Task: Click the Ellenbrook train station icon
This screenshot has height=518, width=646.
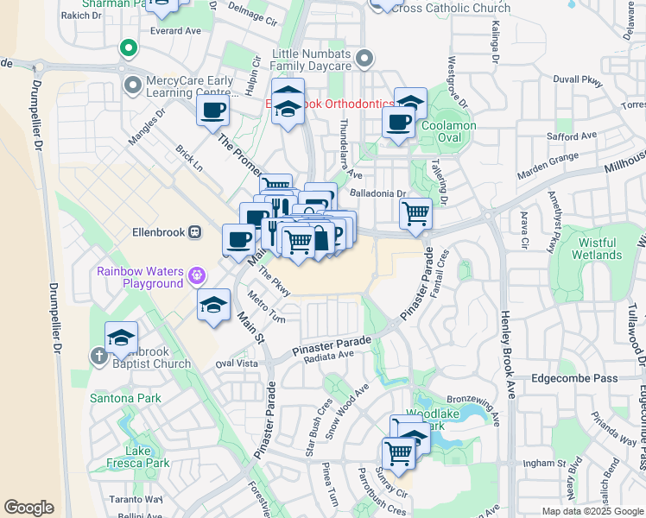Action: point(196,232)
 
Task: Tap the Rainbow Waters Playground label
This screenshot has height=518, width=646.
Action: point(140,277)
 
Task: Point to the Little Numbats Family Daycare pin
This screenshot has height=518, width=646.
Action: point(364,60)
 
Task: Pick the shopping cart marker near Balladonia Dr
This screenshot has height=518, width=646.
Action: point(416,212)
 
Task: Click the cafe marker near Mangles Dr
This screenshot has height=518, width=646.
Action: point(212,111)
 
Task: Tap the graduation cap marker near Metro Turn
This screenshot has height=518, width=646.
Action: point(212,305)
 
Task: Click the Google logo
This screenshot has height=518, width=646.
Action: point(28,508)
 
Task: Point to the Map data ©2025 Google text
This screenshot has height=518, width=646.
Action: point(592,511)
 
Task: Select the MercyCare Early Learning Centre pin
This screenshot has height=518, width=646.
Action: point(133,85)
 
